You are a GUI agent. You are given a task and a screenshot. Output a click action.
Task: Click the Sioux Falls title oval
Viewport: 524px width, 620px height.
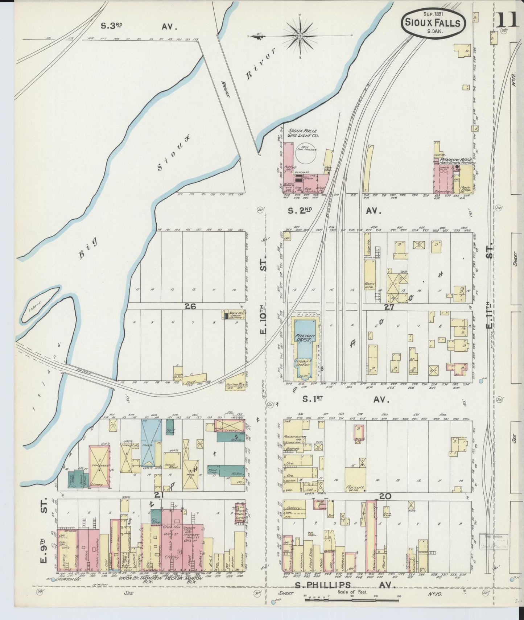point(433,23)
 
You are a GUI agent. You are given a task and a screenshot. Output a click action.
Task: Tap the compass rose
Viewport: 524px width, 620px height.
point(301,36)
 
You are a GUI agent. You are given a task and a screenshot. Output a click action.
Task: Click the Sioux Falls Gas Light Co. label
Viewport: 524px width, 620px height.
point(303,133)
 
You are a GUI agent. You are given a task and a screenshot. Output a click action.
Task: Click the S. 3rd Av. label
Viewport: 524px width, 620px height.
point(138,26)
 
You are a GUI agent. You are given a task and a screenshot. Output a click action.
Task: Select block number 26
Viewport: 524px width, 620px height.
point(190,307)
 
